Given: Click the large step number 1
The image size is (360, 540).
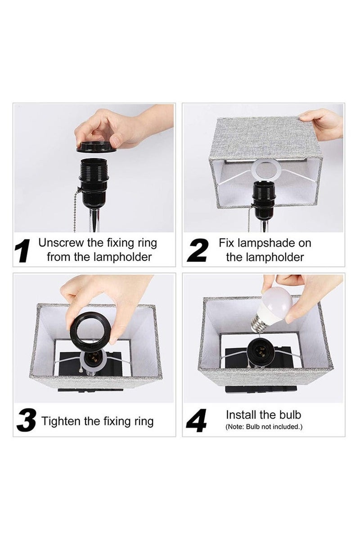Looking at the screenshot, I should click(22, 250).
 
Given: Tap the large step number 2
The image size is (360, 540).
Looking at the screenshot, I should click(197, 250).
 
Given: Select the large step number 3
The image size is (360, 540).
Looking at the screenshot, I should click(26, 421).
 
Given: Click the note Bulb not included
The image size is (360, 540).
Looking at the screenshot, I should click(264, 427).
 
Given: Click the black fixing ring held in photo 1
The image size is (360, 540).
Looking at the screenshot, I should click(94, 147).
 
